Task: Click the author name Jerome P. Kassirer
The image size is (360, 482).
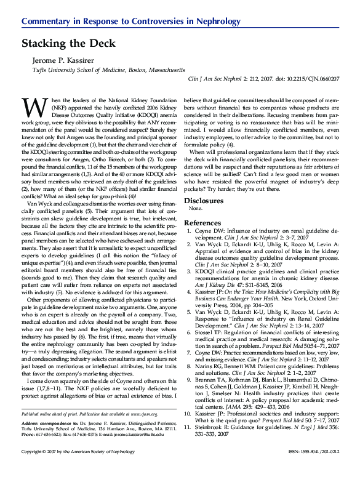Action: pyautogui.click(x=68, y=61)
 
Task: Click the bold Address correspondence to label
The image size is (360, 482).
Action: pyautogui.click(x=49, y=424)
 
